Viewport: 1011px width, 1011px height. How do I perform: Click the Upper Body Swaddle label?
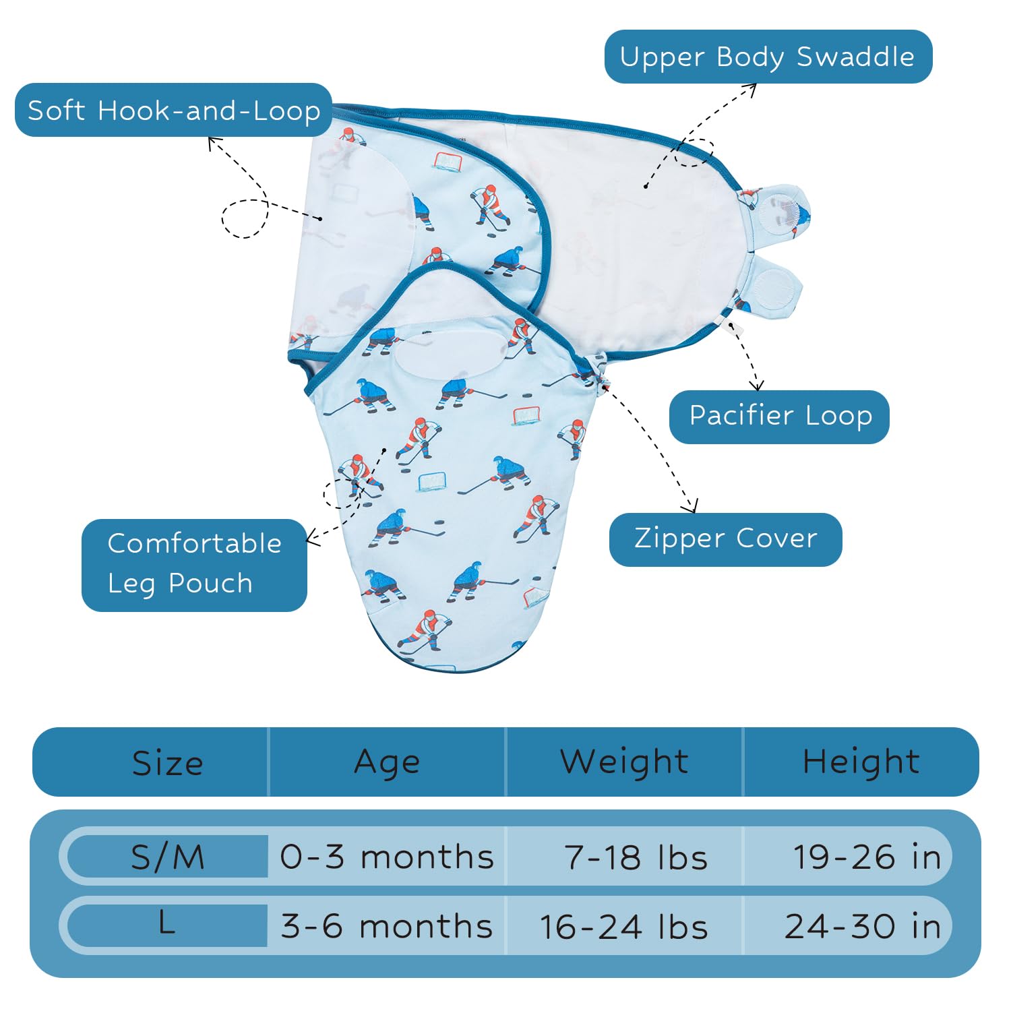pyautogui.click(x=768, y=57)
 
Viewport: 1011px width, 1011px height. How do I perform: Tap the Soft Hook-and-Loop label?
pyautogui.click(x=173, y=110)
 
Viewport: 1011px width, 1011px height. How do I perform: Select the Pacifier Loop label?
pyautogui.click(x=779, y=417)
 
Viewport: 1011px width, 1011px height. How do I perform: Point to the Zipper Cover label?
pyautogui.click(x=725, y=539)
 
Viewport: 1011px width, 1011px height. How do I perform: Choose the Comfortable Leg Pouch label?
pyautogui.click(x=194, y=565)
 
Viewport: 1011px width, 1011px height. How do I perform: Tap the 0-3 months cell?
pyautogui.click(x=387, y=857)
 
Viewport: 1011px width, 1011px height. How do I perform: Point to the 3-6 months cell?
pyautogui.click(x=387, y=926)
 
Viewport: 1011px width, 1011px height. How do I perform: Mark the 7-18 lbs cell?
pyautogui.click(x=636, y=857)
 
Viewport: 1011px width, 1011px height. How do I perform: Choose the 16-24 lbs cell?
pyautogui.click(x=624, y=926)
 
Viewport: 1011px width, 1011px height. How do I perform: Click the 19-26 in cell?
pyautogui.click(x=867, y=857)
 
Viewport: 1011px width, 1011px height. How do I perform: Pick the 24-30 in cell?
pyautogui.click(x=863, y=926)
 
